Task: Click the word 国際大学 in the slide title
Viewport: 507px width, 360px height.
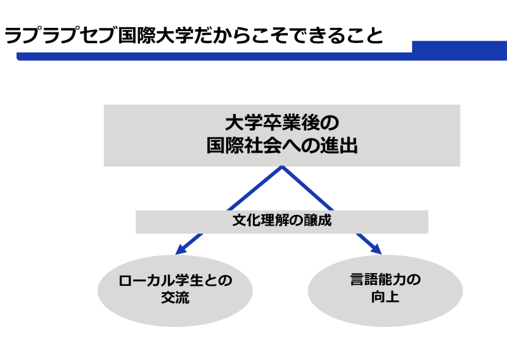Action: tap(155, 35)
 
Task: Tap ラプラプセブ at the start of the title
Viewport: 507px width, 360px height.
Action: tap(60, 35)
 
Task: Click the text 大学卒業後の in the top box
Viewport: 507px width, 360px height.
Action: tap(282, 123)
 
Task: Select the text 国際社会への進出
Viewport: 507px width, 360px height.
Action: tap(282, 146)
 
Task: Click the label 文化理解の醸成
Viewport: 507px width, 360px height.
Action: tap(282, 221)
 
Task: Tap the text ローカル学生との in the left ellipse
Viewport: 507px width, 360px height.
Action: tap(176, 280)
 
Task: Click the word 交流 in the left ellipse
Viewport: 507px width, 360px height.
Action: tap(176, 297)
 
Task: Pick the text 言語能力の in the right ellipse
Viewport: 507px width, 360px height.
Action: tap(385, 280)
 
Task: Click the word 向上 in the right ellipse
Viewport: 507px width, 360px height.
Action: tap(385, 297)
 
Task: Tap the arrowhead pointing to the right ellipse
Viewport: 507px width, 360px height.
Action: tap(376, 248)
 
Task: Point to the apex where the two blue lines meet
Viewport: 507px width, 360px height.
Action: tap(282, 167)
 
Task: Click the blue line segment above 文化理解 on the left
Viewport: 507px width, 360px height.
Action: tap(255, 189)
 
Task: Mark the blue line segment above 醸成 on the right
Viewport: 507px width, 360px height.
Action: tap(307, 189)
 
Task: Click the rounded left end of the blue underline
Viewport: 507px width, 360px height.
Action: tap(19, 56)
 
